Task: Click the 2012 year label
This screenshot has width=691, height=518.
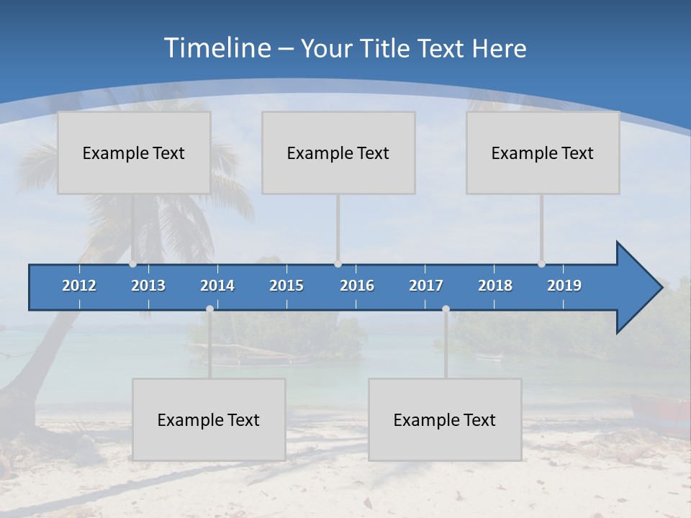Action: tap(79, 286)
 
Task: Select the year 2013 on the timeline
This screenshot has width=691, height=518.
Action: tap(148, 286)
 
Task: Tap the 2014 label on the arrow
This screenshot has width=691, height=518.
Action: tap(217, 286)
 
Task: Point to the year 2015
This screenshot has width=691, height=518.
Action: tap(286, 286)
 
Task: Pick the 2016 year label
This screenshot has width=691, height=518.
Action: tap(357, 286)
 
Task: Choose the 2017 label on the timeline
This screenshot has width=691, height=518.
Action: tap(426, 286)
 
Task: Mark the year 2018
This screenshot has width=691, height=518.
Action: tap(495, 286)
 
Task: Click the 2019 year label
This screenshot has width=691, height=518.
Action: tap(564, 286)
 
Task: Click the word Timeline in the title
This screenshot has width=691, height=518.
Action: tap(217, 48)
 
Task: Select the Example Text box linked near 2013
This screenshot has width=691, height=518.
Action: tap(134, 153)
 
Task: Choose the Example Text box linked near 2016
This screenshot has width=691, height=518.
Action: tap(338, 153)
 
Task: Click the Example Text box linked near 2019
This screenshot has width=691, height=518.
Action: tap(543, 153)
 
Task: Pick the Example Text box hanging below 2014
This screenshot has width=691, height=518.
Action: tap(209, 419)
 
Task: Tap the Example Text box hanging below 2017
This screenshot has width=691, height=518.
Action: tap(445, 419)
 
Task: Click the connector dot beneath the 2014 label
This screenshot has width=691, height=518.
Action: tap(209, 309)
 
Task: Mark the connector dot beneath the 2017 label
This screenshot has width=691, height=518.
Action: tap(446, 309)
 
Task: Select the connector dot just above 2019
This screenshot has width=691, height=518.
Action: tap(541, 264)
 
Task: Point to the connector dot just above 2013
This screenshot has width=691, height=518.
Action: tap(132, 264)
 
